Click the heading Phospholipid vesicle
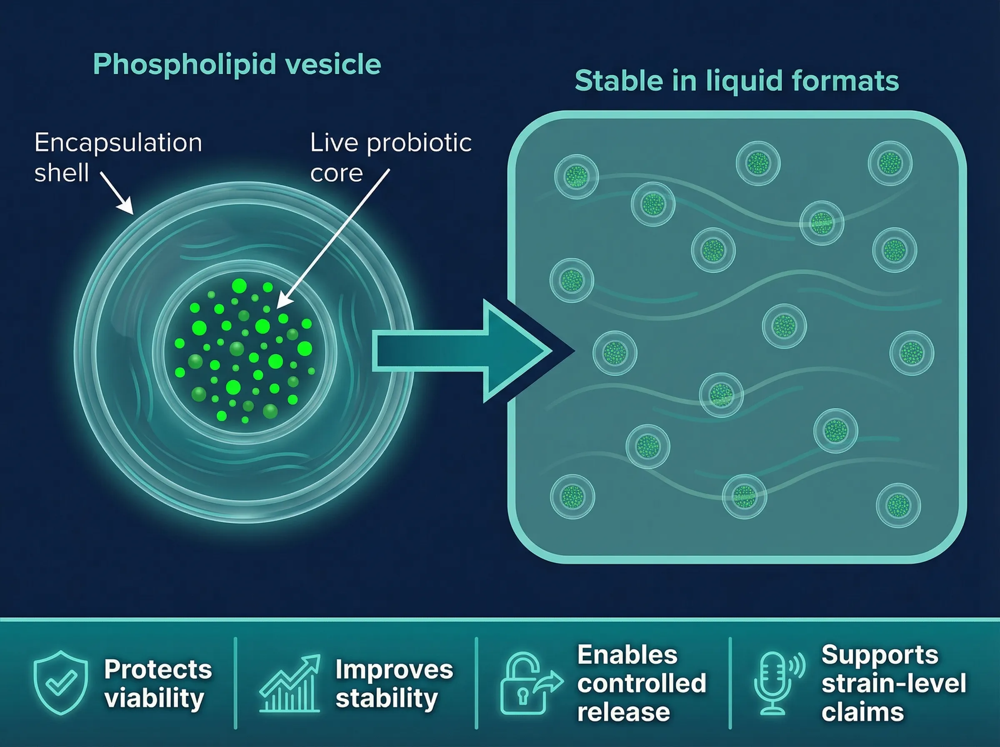point(237,64)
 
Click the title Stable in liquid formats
point(737,81)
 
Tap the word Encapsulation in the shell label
point(118,143)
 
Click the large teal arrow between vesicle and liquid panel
point(461,351)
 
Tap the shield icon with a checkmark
point(60,682)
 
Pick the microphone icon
point(774,683)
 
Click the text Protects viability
point(157,683)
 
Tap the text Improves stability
point(394,683)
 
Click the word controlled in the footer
point(641,683)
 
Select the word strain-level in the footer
point(893,683)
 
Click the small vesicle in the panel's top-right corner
point(890,163)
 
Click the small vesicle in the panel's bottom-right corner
point(898,506)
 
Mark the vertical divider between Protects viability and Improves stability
point(235,683)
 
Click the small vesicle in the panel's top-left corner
point(576,176)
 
